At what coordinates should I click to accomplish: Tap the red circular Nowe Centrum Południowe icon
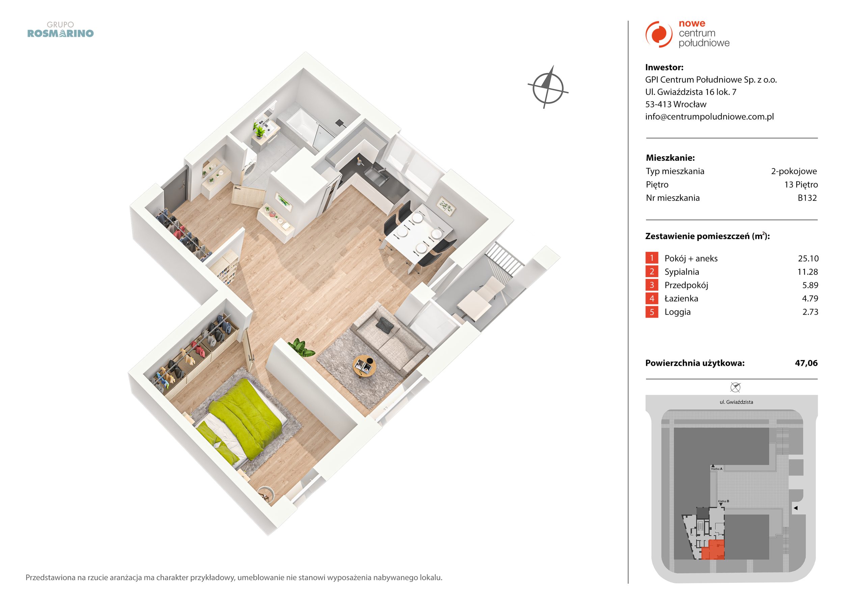(x=658, y=34)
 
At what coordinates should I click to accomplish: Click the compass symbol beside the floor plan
(x=547, y=87)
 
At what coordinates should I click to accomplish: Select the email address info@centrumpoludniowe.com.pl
(x=709, y=117)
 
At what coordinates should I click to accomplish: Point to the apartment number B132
(x=807, y=198)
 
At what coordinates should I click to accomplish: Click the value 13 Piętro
(x=801, y=184)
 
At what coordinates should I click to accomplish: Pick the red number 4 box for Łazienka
(x=652, y=298)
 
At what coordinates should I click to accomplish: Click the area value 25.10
(x=808, y=259)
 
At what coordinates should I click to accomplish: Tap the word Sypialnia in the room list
(x=682, y=272)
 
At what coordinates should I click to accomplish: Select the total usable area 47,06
(x=806, y=363)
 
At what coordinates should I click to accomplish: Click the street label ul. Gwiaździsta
(x=736, y=402)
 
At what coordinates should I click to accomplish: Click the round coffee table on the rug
(x=364, y=366)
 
